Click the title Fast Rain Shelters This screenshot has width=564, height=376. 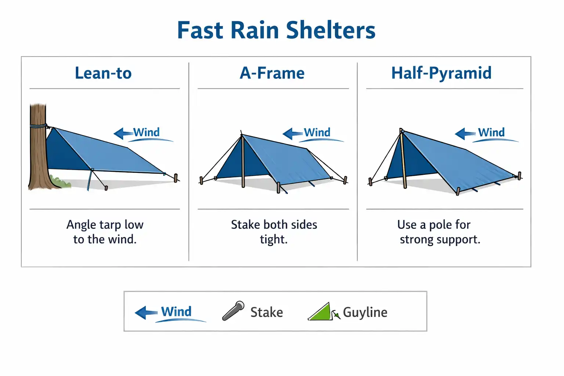276,30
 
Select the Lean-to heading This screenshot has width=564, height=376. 103,73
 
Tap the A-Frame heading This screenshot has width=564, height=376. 272,73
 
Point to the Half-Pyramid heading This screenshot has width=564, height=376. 441,73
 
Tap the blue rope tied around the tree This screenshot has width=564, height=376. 38,126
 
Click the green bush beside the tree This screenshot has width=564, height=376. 61,182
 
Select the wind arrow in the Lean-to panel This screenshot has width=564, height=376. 123,133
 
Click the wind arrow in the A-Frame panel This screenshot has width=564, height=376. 293,133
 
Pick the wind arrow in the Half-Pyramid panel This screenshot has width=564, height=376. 465,133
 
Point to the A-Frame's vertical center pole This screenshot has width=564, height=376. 243,162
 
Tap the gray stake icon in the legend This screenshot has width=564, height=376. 233,311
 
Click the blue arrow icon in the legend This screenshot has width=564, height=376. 146,312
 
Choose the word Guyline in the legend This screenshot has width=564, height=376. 365,312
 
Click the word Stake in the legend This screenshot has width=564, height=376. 267,312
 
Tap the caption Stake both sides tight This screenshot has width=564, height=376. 274,232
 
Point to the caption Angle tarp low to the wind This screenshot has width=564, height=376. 105,232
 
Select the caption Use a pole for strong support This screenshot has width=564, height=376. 439,232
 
